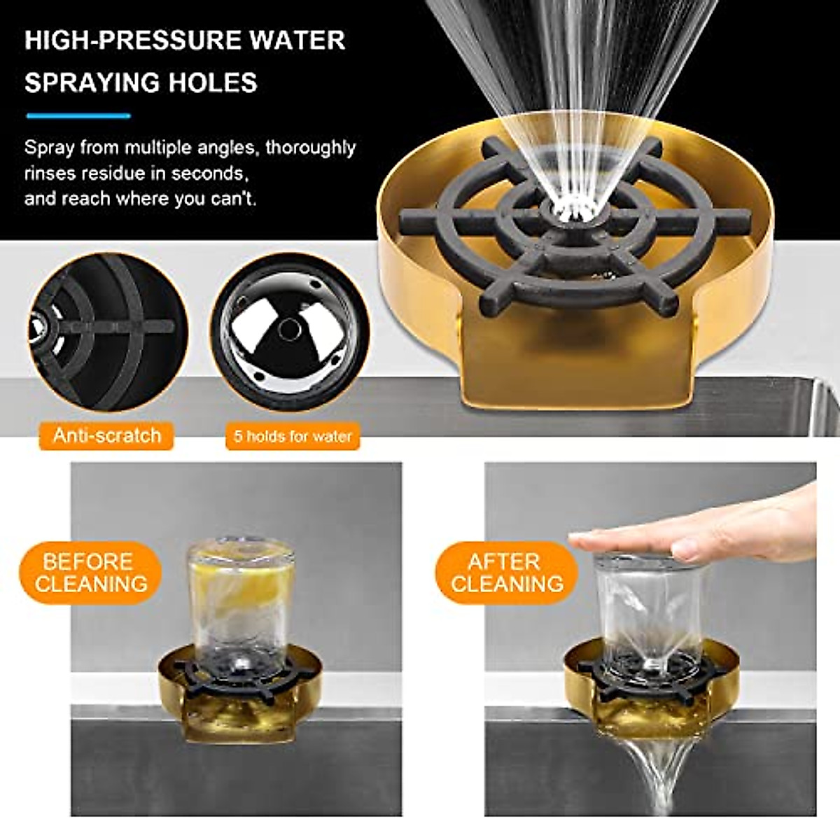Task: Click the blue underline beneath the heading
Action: [x=78, y=115]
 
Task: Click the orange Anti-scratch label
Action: [x=106, y=435]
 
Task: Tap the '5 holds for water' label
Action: [x=292, y=436]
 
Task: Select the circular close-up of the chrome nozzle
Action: [x=288, y=332]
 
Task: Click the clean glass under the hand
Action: [x=647, y=609]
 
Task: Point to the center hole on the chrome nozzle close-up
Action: [x=288, y=326]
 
